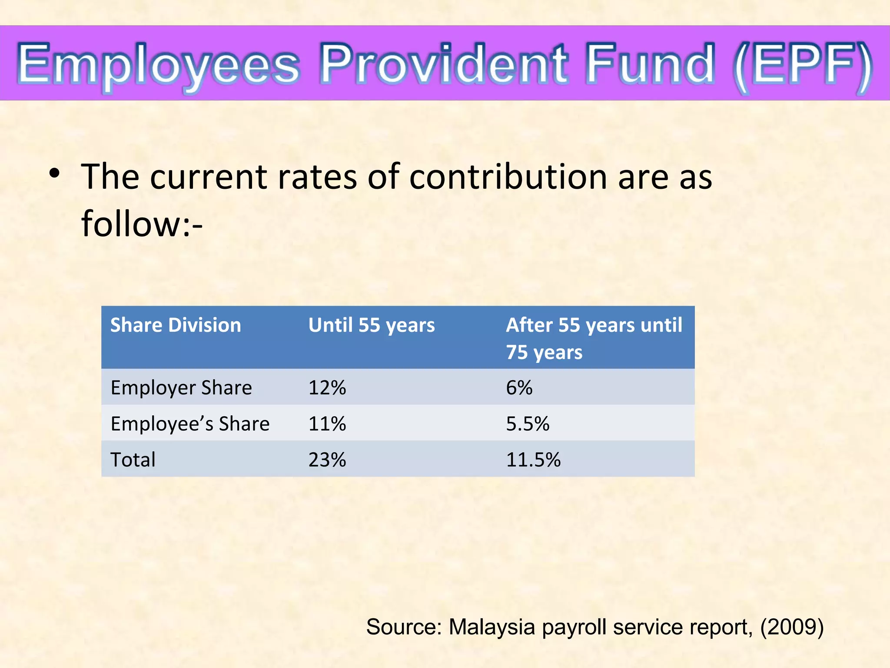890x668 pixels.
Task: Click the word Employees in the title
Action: (x=159, y=64)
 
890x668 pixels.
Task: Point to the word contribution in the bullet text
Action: (x=508, y=177)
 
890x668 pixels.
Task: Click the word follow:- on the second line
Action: (x=142, y=224)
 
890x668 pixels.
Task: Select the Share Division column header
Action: (x=176, y=325)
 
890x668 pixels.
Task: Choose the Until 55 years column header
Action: (x=372, y=325)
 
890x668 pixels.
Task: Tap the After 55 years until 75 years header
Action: (x=594, y=338)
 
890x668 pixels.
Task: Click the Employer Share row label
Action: (x=181, y=387)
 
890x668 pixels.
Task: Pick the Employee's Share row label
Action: (x=190, y=424)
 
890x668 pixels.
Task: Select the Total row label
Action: (x=133, y=460)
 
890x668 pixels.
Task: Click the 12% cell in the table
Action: (x=327, y=387)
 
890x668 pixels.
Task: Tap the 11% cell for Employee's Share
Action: (x=327, y=424)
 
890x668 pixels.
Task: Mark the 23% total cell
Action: (x=327, y=460)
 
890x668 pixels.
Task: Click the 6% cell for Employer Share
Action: (x=519, y=387)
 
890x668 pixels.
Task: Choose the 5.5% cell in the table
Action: (x=528, y=424)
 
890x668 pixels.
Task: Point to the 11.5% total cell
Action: (x=533, y=460)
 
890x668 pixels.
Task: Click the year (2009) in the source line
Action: (x=791, y=627)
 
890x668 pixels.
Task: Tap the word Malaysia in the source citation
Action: (x=491, y=627)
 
